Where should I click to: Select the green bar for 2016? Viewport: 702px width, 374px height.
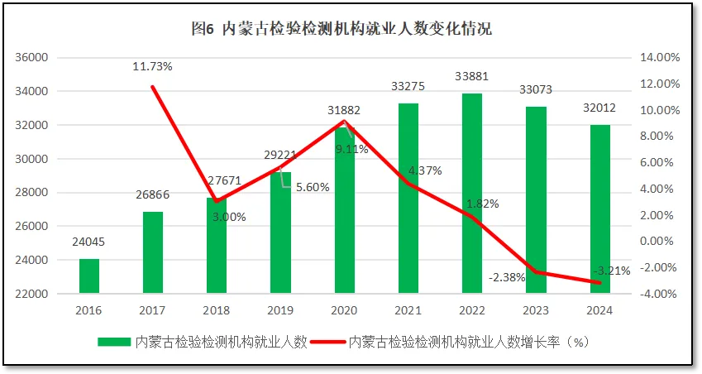(x=89, y=276)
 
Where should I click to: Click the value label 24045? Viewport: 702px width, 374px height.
(x=89, y=242)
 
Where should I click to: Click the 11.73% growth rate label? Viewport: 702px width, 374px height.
(x=153, y=65)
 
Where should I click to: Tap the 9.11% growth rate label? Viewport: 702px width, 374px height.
(x=352, y=150)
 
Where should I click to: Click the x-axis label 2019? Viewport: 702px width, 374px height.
(x=280, y=310)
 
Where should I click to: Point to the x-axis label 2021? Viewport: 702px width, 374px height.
(x=408, y=310)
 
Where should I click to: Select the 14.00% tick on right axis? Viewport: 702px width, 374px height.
(x=660, y=58)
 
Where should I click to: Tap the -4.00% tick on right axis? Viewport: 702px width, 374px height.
(x=660, y=294)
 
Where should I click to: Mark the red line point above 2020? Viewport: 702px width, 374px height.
(x=344, y=122)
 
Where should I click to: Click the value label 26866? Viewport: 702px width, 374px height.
(x=153, y=195)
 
